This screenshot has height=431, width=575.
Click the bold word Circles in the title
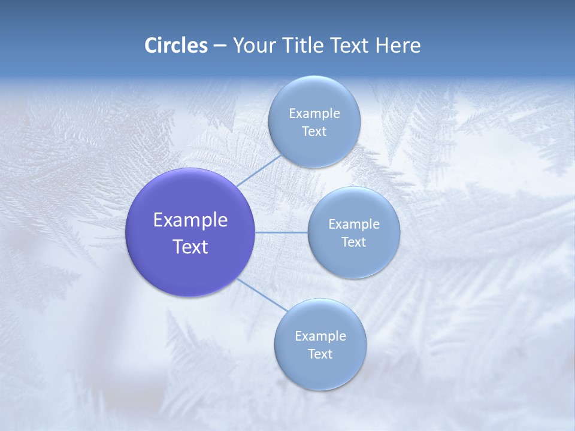click(x=175, y=45)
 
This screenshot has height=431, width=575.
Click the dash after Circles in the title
click(x=220, y=46)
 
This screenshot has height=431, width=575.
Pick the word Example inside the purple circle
click(x=190, y=220)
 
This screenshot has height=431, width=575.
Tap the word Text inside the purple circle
click(x=190, y=247)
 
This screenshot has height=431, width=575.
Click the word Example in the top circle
click(x=314, y=113)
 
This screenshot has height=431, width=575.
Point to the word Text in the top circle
click(x=314, y=131)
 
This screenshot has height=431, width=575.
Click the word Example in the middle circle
click(x=353, y=224)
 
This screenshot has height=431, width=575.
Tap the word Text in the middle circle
click(x=353, y=242)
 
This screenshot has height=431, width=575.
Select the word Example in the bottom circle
click(x=320, y=336)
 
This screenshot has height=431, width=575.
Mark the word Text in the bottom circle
click(x=320, y=354)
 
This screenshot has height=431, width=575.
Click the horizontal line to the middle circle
click(x=282, y=232)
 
